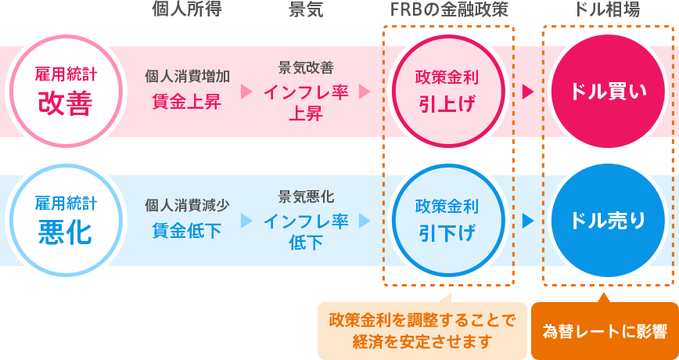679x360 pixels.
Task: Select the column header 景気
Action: point(306,11)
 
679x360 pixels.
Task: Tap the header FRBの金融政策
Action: point(448,11)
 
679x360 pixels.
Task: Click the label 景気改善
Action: point(306,67)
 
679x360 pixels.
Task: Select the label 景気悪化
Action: point(306,196)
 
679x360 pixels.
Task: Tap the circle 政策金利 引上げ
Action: point(447,91)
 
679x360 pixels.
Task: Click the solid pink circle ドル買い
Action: point(608,91)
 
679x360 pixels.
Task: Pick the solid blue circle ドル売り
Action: point(608,220)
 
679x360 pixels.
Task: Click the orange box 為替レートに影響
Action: point(605,330)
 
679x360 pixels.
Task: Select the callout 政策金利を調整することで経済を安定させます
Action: point(422,330)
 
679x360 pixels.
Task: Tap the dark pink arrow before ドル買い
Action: point(528,92)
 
